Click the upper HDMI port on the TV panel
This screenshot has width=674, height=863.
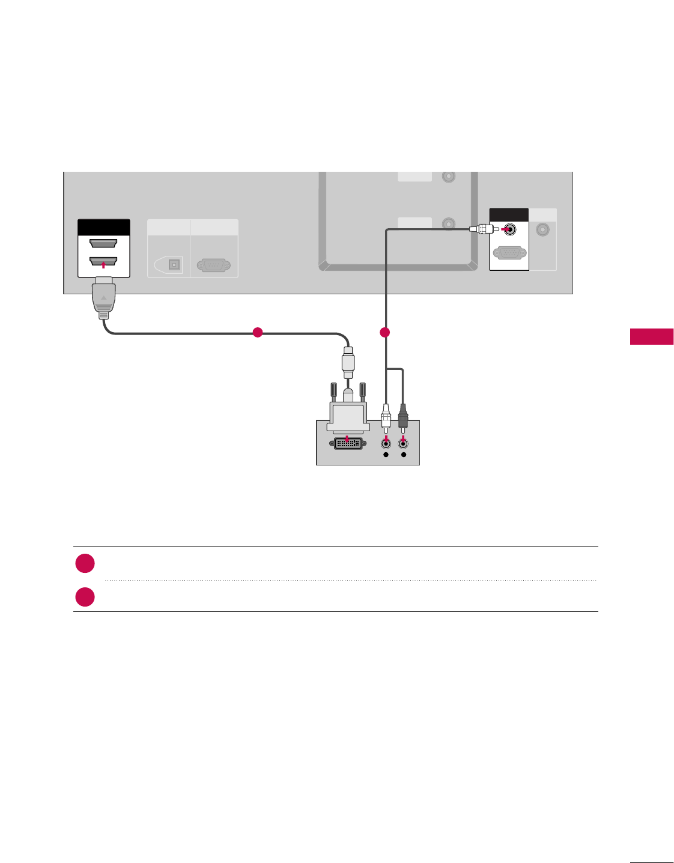[103, 243]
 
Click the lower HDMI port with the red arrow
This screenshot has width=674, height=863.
[103, 262]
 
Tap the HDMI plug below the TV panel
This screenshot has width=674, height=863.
[104, 297]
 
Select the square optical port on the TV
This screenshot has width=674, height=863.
[174, 264]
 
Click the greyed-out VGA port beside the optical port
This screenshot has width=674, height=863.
[213, 265]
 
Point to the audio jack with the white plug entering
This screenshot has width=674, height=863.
[509, 229]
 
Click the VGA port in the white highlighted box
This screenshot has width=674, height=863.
[509, 253]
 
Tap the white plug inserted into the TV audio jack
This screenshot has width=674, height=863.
[482, 229]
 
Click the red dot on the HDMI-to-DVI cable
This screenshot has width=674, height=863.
[258, 332]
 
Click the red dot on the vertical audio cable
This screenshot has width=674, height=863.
[385, 332]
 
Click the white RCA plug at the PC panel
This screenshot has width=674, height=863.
[386, 416]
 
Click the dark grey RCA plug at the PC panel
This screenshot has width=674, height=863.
[403, 416]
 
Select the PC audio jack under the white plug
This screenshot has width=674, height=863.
[386, 444]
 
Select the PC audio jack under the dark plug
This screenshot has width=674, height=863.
[403, 444]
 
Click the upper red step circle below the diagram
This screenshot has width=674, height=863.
[85, 563]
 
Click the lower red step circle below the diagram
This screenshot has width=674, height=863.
[85, 597]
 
